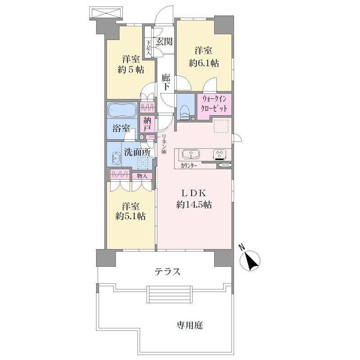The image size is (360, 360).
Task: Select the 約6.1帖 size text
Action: coord(204,63)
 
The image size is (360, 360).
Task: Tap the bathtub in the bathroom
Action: coord(121,109)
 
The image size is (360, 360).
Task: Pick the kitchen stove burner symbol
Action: coord(220,155)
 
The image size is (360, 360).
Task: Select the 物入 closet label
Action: coord(141,175)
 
